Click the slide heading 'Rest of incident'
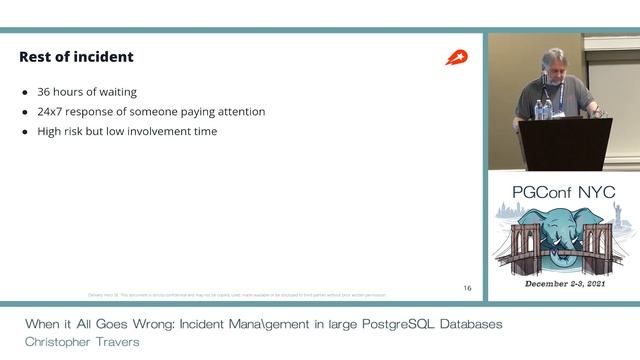[x=76, y=57]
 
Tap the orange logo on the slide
[x=456, y=57]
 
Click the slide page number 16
[x=467, y=288]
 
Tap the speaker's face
[x=553, y=62]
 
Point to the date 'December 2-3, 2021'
[x=563, y=285]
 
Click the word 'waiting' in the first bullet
[x=116, y=92]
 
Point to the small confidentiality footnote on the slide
[x=235, y=295]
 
